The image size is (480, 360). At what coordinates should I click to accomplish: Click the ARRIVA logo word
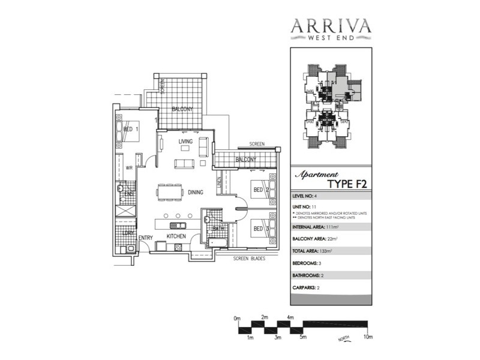click(331, 26)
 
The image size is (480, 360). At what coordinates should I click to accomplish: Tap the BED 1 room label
click(131, 129)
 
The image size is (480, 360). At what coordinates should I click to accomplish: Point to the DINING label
click(195, 193)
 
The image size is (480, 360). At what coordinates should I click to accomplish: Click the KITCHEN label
click(176, 238)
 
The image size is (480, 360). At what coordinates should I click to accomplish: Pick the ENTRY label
click(146, 238)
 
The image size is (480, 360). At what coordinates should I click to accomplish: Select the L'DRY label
click(127, 233)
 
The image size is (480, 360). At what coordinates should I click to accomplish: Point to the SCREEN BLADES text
click(251, 259)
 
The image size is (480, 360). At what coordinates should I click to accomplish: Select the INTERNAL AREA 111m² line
click(314, 227)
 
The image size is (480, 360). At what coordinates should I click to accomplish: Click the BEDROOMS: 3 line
click(310, 263)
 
